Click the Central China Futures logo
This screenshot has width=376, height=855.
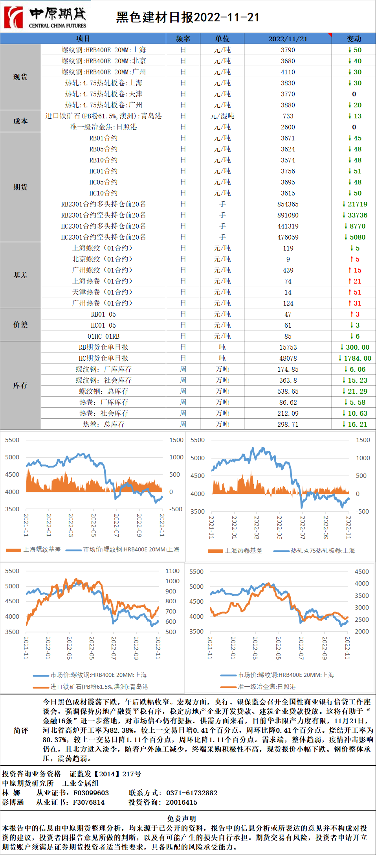(45, 17)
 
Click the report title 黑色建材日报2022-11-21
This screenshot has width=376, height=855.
(187, 17)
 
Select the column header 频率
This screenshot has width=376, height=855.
(183, 39)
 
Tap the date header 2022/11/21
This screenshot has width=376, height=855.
(288, 39)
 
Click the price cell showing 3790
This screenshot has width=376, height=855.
(288, 50)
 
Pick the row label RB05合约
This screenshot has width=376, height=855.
(103, 149)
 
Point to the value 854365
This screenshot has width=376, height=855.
(288, 204)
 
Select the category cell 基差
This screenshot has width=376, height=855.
(20, 275)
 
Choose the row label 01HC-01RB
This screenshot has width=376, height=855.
(103, 336)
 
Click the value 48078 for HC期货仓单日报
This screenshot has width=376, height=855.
(288, 358)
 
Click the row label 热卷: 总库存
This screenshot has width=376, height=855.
(103, 424)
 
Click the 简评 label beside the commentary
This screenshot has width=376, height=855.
(20, 730)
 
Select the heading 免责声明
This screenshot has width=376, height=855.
(181, 818)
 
